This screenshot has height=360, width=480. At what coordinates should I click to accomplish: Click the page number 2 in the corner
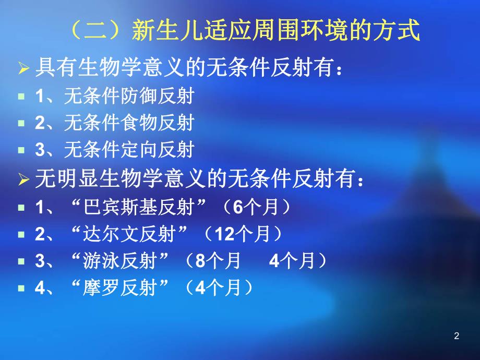click(x=457, y=336)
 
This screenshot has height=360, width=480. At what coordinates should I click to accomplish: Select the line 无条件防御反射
click(x=128, y=96)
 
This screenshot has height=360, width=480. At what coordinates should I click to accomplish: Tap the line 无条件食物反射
click(x=128, y=123)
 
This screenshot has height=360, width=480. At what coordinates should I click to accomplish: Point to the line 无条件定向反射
click(x=128, y=150)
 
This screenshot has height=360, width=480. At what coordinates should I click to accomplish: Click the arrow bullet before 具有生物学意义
click(x=24, y=69)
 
